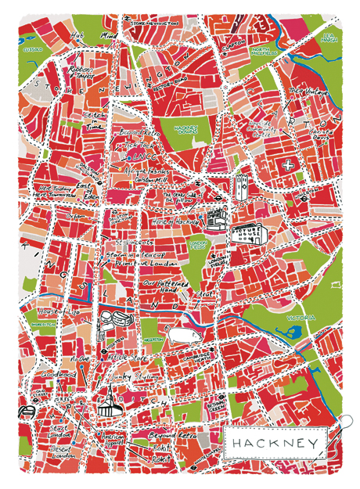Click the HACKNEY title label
pos(274,444)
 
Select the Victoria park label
pos(301,318)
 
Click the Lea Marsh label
pos(329,38)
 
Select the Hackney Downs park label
pos(185,116)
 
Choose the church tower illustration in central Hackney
pos(240,186)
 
